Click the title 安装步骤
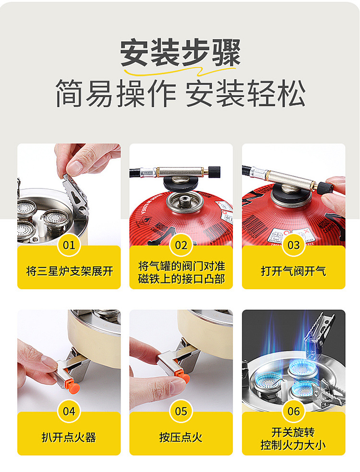pyautogui.click(x=180, y=52)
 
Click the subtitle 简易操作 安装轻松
pyautogui.click(x=180, y=92)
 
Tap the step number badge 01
pyautogui.click(x=69, y=245)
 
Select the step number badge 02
pyautogui.click(x=181, y=245)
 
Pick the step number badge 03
pyautogui.click(x=293, y=245)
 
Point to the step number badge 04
pyautogui.click(x=69, y=411)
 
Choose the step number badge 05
pyautogui.click(x=181, y=411)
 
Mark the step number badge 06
pyautogui.click(x=293, y=411)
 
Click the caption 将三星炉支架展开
pyautogui.click(x=69, y=271)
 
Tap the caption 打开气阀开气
pyautogui.click(x=293, y=271)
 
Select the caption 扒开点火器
pyautogui.click(x=69, y=437)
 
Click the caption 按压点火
pyautogui.click(x=181, y=437)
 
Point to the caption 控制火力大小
pyautogui.click(x=293, y=445)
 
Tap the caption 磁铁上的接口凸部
pyautogui.click(x=181, y=279)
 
